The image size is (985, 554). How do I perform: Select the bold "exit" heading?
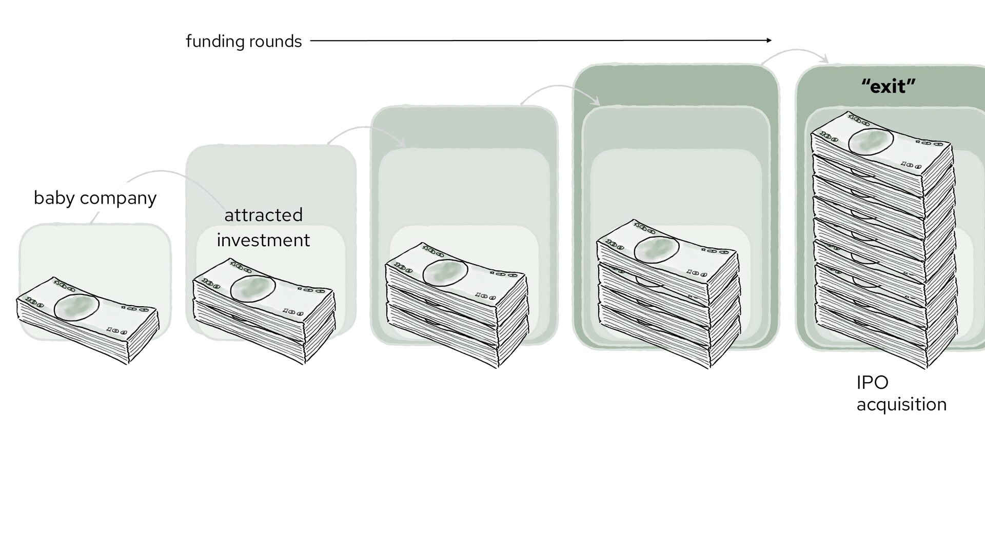(889, 87)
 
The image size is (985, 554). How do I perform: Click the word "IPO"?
(872, 383)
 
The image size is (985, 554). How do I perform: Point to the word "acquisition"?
(901, 405)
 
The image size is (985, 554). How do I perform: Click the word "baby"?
(53, 198)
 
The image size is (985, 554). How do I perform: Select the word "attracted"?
(263, 215)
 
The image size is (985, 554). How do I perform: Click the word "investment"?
(263, 240)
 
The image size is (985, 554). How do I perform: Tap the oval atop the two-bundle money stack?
(253, 289)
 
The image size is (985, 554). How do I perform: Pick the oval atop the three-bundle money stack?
(445, 272)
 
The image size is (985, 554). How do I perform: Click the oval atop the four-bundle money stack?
(657, 250)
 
